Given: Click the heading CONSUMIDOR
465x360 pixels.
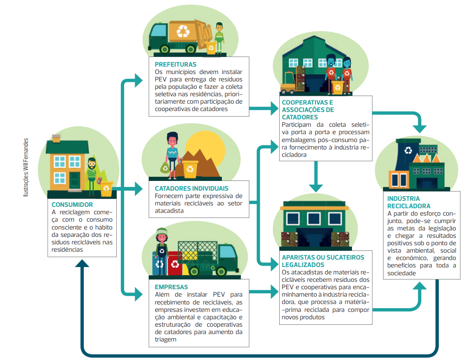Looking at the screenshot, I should pyautogui.click(x=72, y=205).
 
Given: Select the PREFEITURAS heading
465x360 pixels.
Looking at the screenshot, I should pyautogui.click(x=176, y=64).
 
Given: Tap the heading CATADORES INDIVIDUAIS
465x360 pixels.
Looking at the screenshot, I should pyautogui.click(x=191, y=188).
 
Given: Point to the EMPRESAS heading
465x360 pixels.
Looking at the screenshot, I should pyautogui.click(x=171, y=287).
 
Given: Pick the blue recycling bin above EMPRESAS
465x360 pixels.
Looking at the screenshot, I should pyautogui.click(x=159, y=264).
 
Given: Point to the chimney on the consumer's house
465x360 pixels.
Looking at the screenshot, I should pyautogui.click(x=57, y=137).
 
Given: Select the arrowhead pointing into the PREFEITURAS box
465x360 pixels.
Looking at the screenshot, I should pyautogui.click(x=139, y=81).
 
